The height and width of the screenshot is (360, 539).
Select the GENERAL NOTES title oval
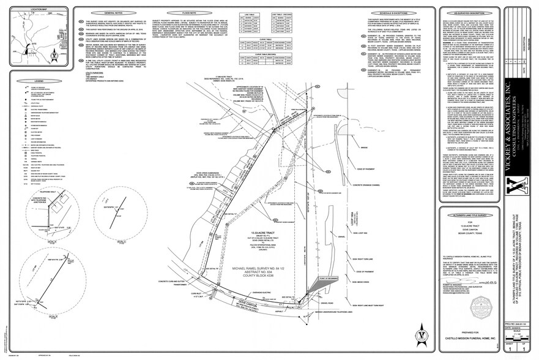coord(103,12)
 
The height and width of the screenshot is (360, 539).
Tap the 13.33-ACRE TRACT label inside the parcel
coord(260,233)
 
